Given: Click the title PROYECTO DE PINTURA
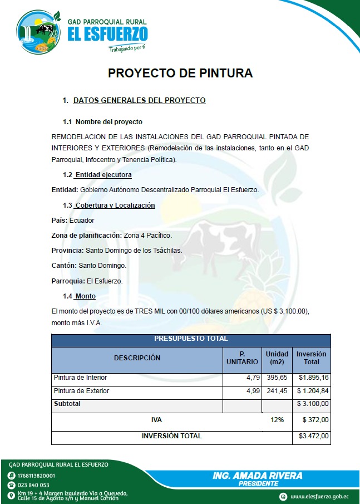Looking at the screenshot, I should (x=180, y=73).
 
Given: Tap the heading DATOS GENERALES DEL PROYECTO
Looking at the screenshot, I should (x=139, y=101).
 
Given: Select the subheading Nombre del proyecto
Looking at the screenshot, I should (x=109, y=121).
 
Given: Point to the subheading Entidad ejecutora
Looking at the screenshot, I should (x=103, y=175).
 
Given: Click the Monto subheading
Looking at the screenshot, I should (x=86, y=296).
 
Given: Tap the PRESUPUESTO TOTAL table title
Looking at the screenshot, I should (x=191, y=339).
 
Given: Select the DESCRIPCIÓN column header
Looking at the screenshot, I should (x=137, y=358).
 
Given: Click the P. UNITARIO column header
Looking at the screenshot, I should (x=242, y=358).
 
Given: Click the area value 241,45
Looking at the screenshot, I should (x=277, y=391).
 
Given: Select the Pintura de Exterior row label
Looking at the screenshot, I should (x=81, y=391).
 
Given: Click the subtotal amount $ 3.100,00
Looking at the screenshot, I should (x=313, y=404).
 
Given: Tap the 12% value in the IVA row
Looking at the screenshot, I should (x=277, y=419).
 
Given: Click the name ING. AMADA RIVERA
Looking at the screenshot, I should (x=258, y=476).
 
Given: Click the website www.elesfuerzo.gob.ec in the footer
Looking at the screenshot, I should (x=319, y=496).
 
